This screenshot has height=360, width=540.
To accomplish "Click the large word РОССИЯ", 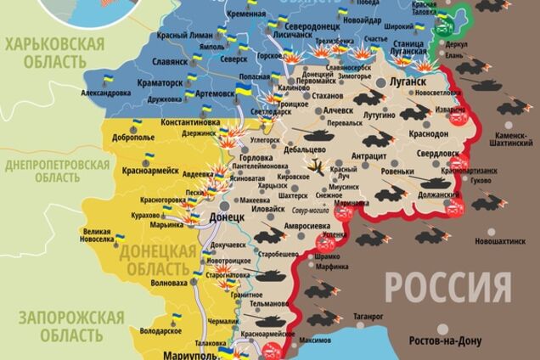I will tap(448, 287).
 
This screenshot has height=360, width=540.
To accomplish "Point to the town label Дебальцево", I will tap(307, 149).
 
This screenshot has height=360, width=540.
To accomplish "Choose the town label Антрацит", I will tap(369, 157).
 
